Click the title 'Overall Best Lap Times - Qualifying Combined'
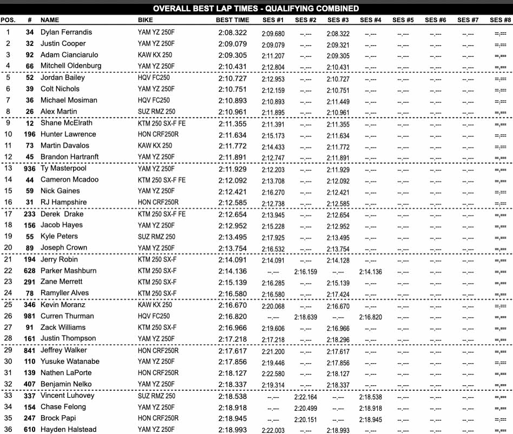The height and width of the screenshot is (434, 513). coord(256,9)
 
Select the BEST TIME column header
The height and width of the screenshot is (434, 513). coord(232,20)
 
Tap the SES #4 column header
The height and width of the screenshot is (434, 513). coord(370,20)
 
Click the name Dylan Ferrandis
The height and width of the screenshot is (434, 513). coord(66,32)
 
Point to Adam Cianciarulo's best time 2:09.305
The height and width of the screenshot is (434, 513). coord(233,55)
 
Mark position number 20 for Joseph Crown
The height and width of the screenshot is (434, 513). coord(8,248)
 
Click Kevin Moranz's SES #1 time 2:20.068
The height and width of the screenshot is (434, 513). coord(273,306)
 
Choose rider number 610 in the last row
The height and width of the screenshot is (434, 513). coord(30,429)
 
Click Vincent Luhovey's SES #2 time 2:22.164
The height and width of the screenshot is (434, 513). coord(305,397)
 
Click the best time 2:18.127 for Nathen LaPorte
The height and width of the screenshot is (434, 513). coord(233,372)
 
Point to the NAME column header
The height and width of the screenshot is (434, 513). coord(50,20)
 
